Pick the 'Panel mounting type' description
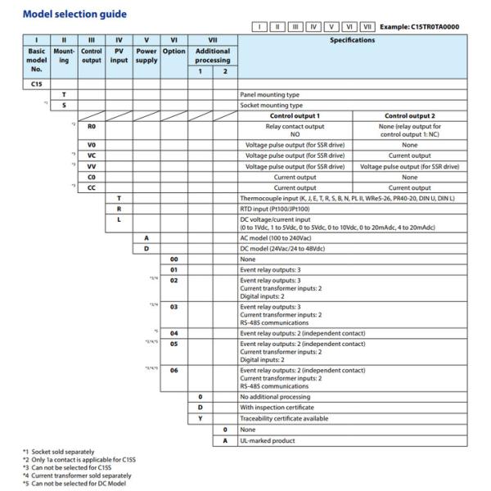[x=270, y=95]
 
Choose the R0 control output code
[x=91, y=128]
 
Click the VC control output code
[x=91, y=155]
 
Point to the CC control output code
[x=91, y=187]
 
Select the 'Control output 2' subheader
[x=409, y=115]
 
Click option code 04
[x=173, y=334]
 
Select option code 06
[x=173, y=370]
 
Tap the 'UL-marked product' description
[x=268, y=440]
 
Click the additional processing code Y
[x=200, y=418]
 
